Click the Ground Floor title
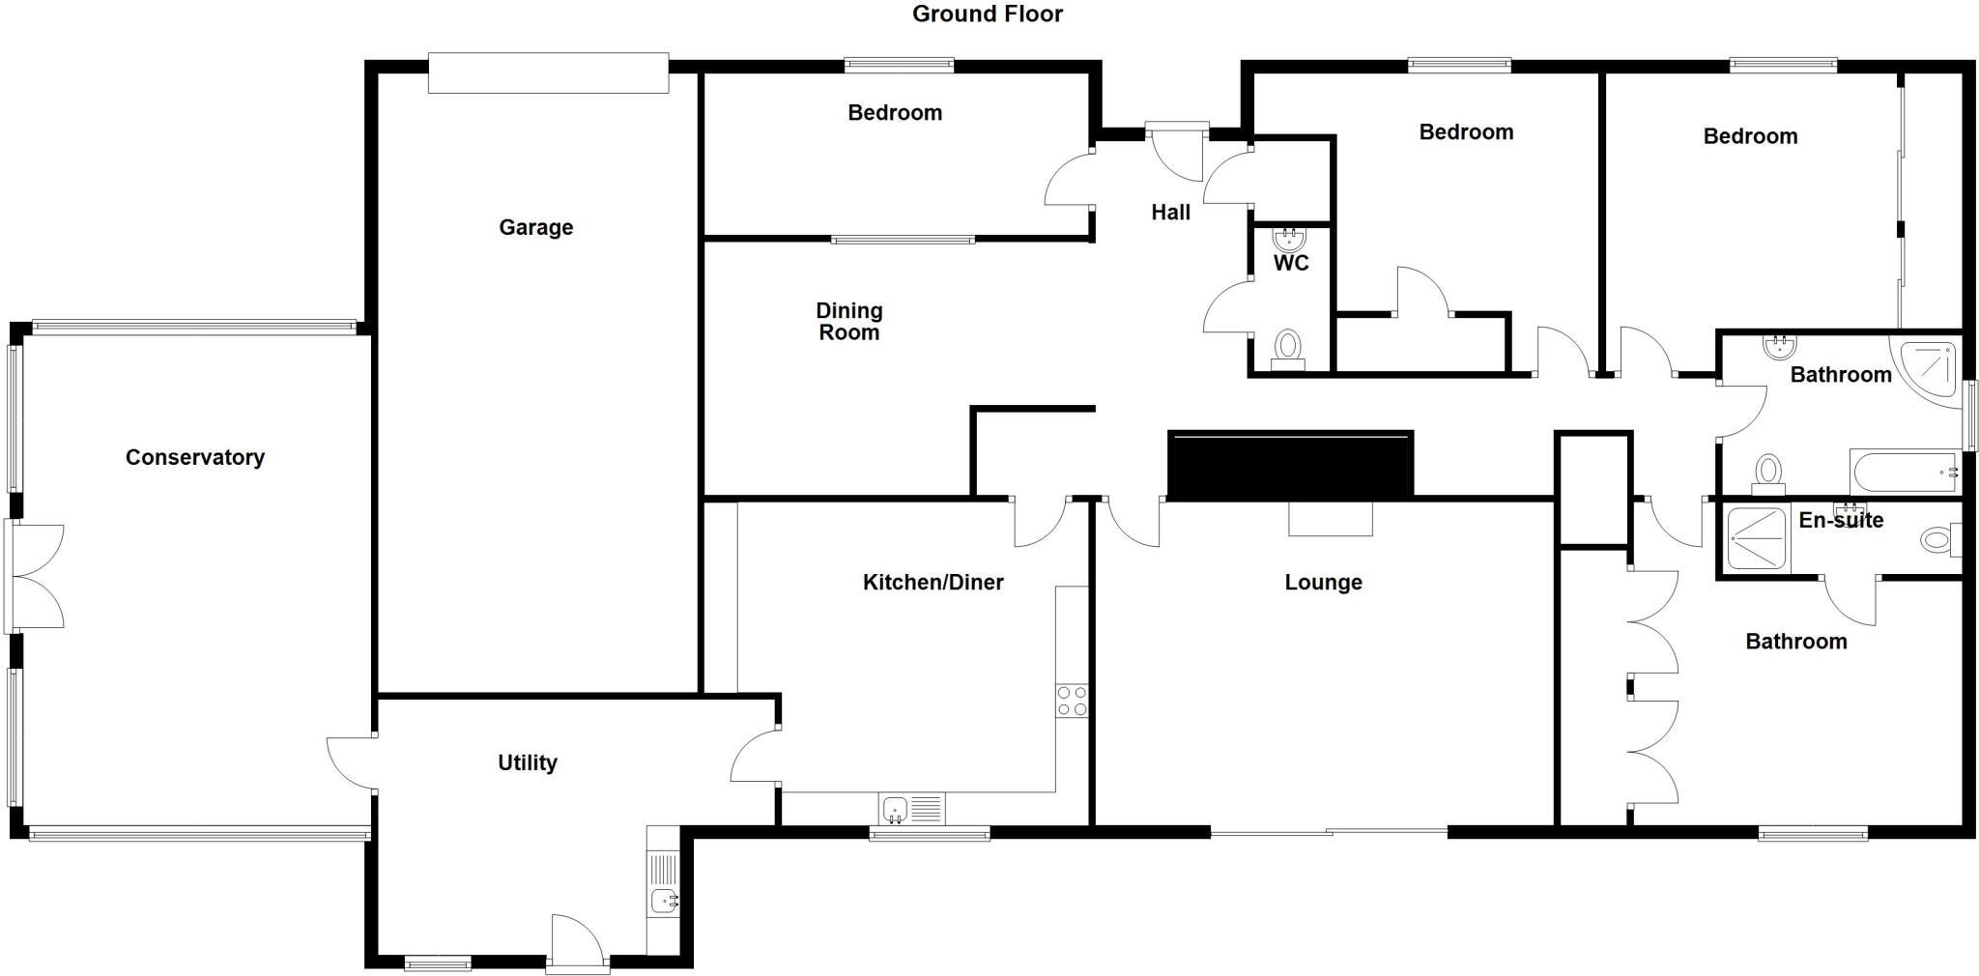[987, 14]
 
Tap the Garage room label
[535, 227]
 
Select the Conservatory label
[194, 457]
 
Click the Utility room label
[527, 762]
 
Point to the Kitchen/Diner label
[932, 582]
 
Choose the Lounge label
[1323, 582]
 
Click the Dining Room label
[848, 321]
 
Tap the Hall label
[1170, 213]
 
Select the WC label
[1291, 263]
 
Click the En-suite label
[1841, 520]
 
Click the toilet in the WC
[1288, 348]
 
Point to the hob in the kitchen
[1072, 701]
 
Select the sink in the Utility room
[664, 901]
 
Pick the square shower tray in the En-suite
[1758, 538]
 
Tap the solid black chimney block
[1290, 464]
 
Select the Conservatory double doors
[37, 576]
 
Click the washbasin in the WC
[1289, 239]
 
